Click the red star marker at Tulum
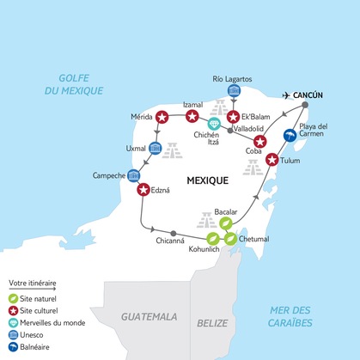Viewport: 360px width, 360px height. tap(272, 159)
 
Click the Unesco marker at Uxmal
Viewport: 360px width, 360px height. tap(156, 147)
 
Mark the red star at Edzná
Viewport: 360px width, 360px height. tap(143, 190)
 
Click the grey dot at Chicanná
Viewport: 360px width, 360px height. tap(173, 232)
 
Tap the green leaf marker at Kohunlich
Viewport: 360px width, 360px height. tap(211, 240)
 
